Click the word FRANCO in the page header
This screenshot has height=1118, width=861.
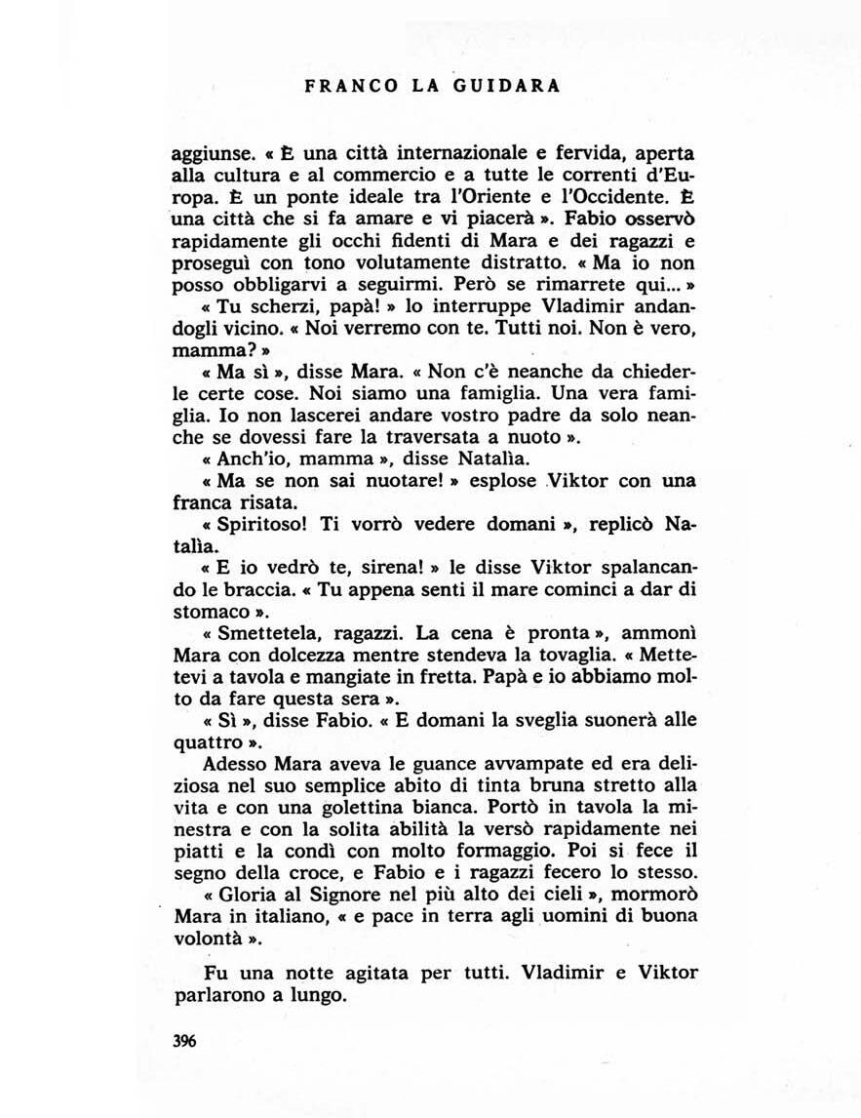tap(340, 86)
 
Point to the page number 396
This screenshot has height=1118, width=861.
tap(184, 1041)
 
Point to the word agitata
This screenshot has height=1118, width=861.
tap(399, 973)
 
